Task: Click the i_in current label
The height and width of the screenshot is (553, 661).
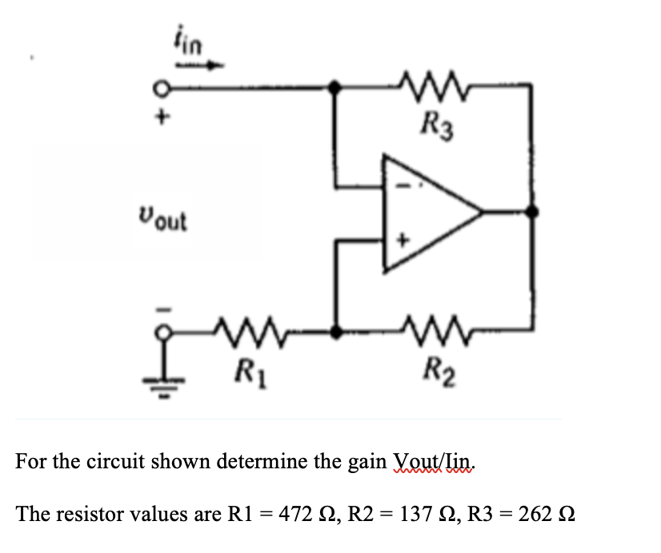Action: click(x=188, y=40)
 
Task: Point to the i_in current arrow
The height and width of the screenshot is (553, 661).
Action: click(x=200, y=66)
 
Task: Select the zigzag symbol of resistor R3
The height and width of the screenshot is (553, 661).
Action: click(x=432, y=86)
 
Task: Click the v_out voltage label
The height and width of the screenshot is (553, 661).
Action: click(x=162, y=218)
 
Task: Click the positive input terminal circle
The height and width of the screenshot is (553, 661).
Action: click(x=161, y=90)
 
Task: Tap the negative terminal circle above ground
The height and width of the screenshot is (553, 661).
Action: click(x=163, y=332)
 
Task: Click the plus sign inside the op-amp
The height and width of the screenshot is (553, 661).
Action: click(x=403, y=241)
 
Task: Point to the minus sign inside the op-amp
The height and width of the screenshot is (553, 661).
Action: click(x=403, y=185)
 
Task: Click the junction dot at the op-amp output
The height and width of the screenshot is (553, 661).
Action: click(x=532, y=211)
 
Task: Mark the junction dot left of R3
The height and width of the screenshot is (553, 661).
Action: click(x=335, y=87)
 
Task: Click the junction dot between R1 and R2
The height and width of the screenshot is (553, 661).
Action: click(x=335, y=332)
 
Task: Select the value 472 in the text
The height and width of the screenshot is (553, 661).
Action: click(x=296, y=514)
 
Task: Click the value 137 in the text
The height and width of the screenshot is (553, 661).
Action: click(x=415, y=514)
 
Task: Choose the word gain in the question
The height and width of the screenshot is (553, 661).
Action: click(x=367, y=462)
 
